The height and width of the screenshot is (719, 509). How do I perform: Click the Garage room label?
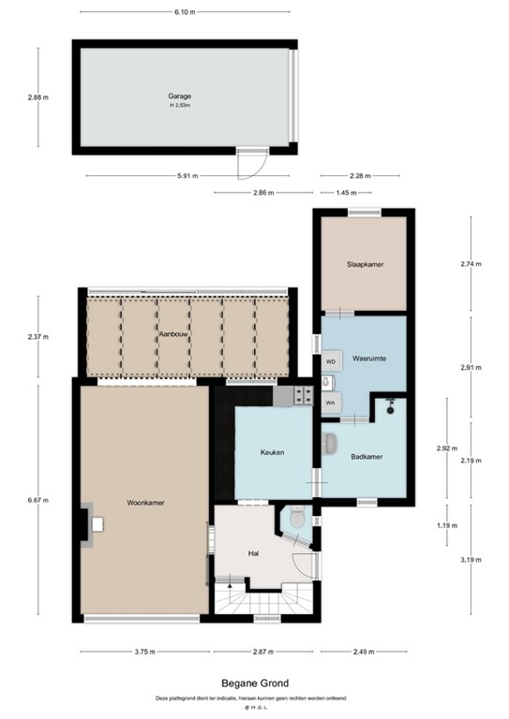point(180,96)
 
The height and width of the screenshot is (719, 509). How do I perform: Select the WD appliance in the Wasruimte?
point(330,360)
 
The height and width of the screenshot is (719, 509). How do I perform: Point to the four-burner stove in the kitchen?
point(303,395)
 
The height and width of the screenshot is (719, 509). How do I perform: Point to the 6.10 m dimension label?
point(186,12)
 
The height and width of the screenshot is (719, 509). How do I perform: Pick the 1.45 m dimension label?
point(345,193)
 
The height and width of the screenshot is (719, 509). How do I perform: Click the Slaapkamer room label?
point(365,265)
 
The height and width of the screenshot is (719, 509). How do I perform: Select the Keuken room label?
point(272,453)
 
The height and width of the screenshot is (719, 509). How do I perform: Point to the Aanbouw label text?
point(170,334)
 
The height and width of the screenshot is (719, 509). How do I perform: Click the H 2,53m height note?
point(180,106)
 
